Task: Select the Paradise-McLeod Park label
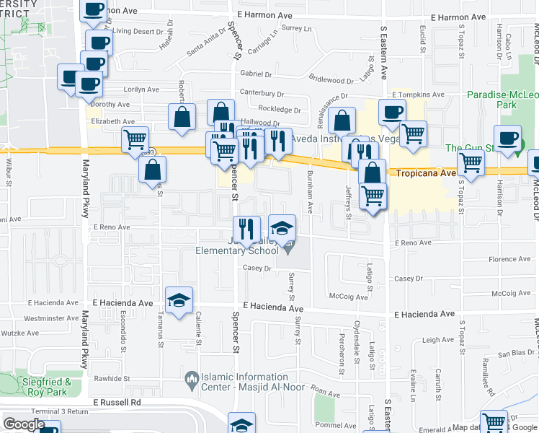(x=502, y=100)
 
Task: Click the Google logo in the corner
(x=24, y=424)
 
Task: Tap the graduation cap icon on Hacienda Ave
(x=179, y=302)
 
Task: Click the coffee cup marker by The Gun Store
(x=507, y=139)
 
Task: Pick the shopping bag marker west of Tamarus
(x=153, y=170)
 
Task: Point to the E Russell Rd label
(x=116, y=401)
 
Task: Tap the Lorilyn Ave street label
(x=141, y=89)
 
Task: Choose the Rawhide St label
(x=112, y=378)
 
